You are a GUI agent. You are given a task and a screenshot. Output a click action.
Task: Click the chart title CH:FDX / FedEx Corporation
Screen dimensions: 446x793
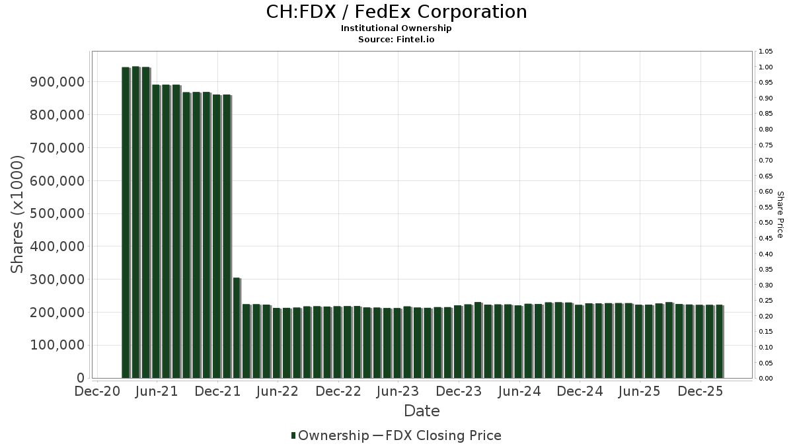[x=397, y=12]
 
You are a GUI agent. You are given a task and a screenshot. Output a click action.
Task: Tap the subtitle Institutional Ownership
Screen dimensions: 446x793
[x=397, y=28]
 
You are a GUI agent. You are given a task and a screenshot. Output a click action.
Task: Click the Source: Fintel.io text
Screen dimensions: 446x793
[x=397, y=39]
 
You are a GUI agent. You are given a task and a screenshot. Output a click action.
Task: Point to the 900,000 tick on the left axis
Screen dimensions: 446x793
[x=58, y=82]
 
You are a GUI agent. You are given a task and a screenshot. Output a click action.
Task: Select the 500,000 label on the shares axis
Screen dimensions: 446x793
[x=58, y=213]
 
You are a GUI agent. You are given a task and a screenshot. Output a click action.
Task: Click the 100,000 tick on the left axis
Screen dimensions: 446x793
[x=58, y=345]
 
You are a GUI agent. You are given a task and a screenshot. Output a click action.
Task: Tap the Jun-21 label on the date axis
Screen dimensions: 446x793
[x=157, y=391]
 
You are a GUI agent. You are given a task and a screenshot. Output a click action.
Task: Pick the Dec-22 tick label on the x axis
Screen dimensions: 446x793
[x=338, y=391]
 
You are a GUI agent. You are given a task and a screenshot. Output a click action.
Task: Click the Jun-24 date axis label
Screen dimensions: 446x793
[x=519, y=391]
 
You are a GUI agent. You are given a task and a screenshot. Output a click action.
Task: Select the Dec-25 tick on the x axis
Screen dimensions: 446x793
[x=701, y=391]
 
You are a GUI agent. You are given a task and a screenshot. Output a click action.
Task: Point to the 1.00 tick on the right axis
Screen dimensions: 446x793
[x=765, y=67]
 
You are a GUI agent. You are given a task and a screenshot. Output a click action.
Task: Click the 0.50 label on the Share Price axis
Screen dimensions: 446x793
[x=765, y=223]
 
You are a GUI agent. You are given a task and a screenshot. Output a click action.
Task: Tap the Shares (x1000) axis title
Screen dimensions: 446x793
[x=18, y=214]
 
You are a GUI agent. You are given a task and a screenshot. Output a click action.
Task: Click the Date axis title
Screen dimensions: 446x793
[x=422, y=411]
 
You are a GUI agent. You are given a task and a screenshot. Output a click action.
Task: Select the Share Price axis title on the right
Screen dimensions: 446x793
[x=780, y=214]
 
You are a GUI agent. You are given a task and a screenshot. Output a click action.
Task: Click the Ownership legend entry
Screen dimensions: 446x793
[x=330, y=435]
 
